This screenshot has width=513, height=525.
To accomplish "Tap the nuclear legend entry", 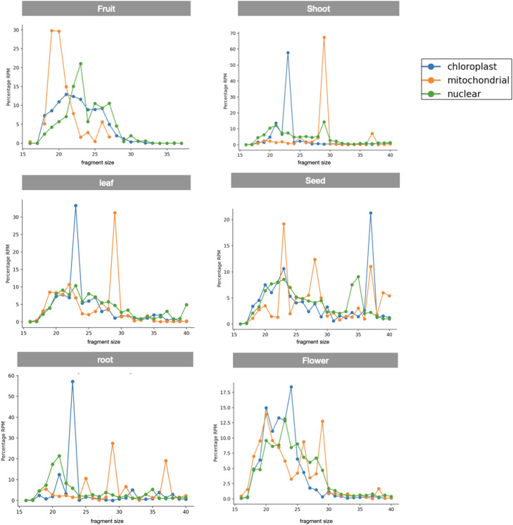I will pyautogui.click(x=455, y=94).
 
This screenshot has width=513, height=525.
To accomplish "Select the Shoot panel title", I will pyautogui.click(x=318, y=9).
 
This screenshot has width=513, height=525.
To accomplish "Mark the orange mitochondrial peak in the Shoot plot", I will pyautogui.click(x=324, y=37).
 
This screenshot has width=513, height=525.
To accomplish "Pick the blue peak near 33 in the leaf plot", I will pyautogui.click(x=75, y=205).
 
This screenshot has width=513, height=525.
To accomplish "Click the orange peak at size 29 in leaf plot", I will pyautogui.click(x=115, y=213).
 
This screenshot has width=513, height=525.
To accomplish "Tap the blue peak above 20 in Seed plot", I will pyautogui.click(x=371, y=213).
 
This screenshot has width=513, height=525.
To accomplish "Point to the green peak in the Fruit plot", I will pyautogui.click(x=81, y=64).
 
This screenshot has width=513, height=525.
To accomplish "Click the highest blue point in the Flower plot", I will pyautogui.click(x=291, y=387).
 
